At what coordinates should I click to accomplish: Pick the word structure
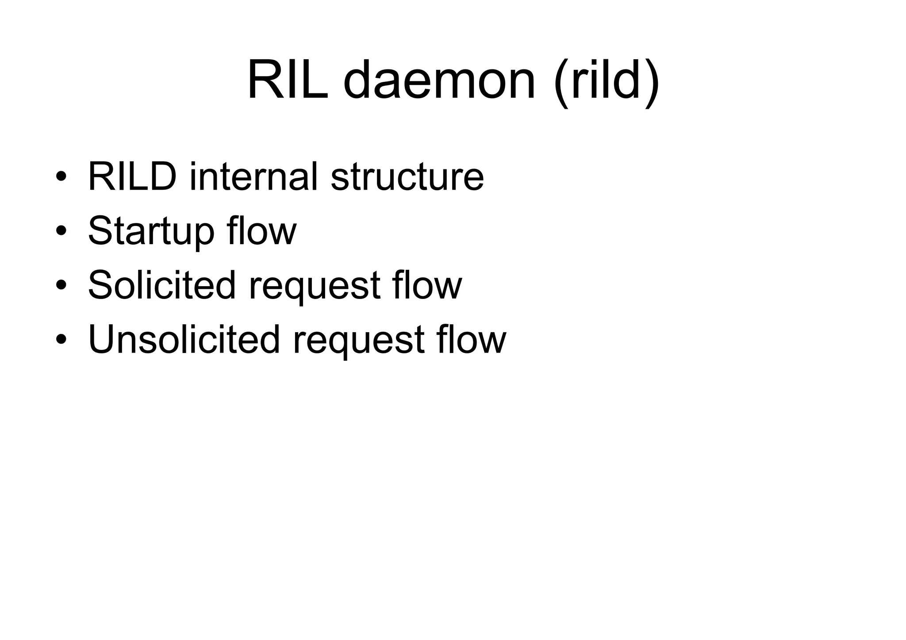click(407, 176)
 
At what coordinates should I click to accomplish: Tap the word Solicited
click(162, 285)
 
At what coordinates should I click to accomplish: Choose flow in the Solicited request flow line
click(426, 285)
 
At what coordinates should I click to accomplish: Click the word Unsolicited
click(184, 340)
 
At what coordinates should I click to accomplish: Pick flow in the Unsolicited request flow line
click(471, 340)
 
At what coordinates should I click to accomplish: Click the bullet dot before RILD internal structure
click(61, 176)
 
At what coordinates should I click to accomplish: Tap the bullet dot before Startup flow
click(61, 231)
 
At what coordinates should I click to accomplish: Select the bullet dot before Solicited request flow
click(61, 285)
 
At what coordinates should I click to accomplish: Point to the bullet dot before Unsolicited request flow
click(61, 340)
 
